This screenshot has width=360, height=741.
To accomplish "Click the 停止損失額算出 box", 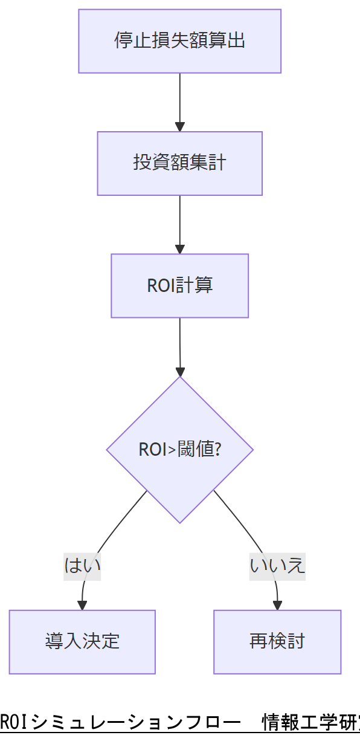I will coord(179,41).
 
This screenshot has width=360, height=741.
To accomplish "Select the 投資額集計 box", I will coord(179,163).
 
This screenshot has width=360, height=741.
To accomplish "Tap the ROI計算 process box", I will coord(179,285).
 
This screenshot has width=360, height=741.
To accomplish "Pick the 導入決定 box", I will coord(82,641).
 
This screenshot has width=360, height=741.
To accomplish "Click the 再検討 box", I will coord(277,641).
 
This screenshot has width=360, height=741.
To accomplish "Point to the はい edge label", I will coord(82,566).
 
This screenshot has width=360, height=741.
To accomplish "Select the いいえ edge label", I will coord(277,566).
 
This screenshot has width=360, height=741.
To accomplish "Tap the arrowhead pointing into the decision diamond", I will coord(179,371).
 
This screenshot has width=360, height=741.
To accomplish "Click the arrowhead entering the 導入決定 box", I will coord(82,605).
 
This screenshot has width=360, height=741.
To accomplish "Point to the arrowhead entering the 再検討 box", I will coord(277,605).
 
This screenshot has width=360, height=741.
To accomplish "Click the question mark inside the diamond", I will coord(217,450).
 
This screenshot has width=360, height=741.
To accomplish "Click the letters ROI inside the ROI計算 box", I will coord(161,285).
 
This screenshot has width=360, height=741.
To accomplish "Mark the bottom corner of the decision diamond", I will coord(179,522).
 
